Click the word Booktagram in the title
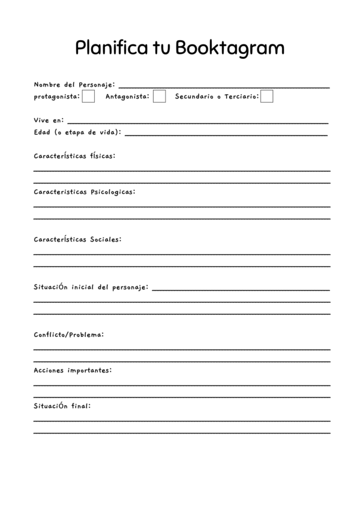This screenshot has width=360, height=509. click(x=230, y=48)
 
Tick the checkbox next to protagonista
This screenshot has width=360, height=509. click(x=88, y=96)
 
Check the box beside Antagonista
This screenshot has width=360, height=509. click(x=159, y=96)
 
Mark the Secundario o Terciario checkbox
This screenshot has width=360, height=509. click(x=267, y=96)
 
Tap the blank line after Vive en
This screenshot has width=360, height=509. click(x=198, y=122)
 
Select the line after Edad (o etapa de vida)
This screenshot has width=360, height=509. click(x=226, y=134)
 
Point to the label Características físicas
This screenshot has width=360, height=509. click(x=74, y=156)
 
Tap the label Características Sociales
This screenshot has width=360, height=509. click(x=77, y=239)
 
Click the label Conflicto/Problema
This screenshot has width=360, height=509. click(x=68, y=335)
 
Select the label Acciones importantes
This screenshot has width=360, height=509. click(x=73, y=371)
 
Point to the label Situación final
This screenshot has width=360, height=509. click(x=62, y=406)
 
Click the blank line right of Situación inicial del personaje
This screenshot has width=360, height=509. click(x=241, y=289)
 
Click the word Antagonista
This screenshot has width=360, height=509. click(x=127, y=97)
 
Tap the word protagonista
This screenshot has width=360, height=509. click(x=56, y=97)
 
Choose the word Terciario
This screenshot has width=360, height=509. click(x=241, y=97)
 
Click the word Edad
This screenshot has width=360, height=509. click(x=42, y=132)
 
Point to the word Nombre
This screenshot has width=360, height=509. click(x=47, y=85)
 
